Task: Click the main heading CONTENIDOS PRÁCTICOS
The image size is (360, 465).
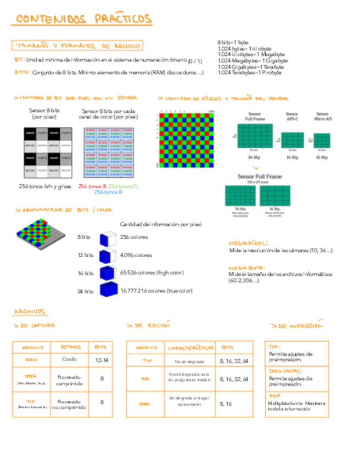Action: click(x=83, y=19)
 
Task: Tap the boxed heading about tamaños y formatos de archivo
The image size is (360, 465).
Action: click(x=77, y=46)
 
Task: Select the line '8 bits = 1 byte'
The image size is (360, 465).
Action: click(x=233, y=42)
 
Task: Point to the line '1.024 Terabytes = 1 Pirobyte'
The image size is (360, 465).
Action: click(x=250, y=72)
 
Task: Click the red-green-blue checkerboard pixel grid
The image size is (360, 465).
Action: click(x=185, y=140)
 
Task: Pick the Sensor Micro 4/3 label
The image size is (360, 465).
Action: click(x=322, y=117)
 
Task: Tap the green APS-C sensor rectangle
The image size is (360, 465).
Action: click(x=292, y=140)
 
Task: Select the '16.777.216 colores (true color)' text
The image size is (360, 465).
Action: click(x=156, y=291)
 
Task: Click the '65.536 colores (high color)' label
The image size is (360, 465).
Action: click(x=152, y=273)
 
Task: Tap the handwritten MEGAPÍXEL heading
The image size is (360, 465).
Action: click(x=248, y=243)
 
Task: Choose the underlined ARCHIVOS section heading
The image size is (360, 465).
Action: click(x=30, y=312)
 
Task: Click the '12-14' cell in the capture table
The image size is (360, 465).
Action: click(x=102, y=361)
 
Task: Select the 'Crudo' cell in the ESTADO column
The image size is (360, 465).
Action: click(x=70, y=360)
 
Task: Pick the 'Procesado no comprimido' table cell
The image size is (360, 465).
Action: click(x=70, y=405)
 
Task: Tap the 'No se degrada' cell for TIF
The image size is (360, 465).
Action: click(x=189, y=361)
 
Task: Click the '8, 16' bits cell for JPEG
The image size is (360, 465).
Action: click(x=226, y=404)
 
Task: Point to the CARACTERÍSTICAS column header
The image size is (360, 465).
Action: click(x=191, y=348)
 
